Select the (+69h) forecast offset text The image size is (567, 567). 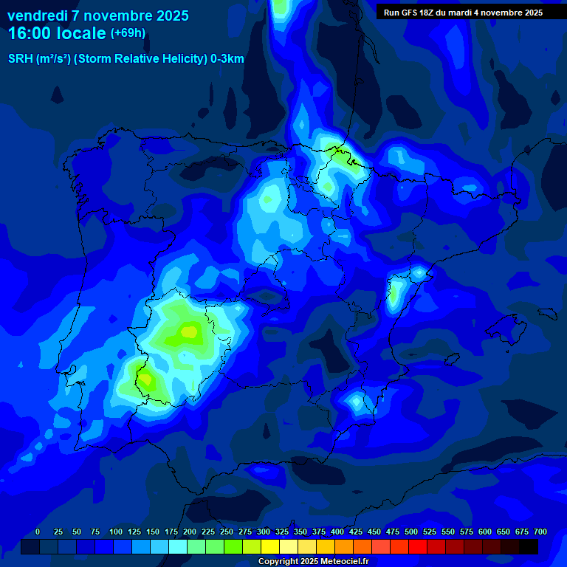click(x=128, y=33)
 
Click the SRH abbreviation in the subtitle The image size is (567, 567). click(x=21, y=59)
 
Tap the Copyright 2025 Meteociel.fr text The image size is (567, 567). click(x=313, y=561)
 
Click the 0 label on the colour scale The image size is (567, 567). click(x=38, y=532)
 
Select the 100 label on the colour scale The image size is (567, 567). click(x=116, y=532)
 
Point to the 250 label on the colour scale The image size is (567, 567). click(x=227, y=532)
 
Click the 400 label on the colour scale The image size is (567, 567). click(x=337, y=532)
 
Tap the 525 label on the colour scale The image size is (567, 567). click(x=430, y=532)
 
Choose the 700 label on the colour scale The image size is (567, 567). click(x=540, y=532)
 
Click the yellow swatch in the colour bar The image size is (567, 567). click(x=270, y=547)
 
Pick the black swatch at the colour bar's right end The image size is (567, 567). click(x=529, y=547)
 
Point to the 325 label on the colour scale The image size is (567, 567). click(x=282, y=532)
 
